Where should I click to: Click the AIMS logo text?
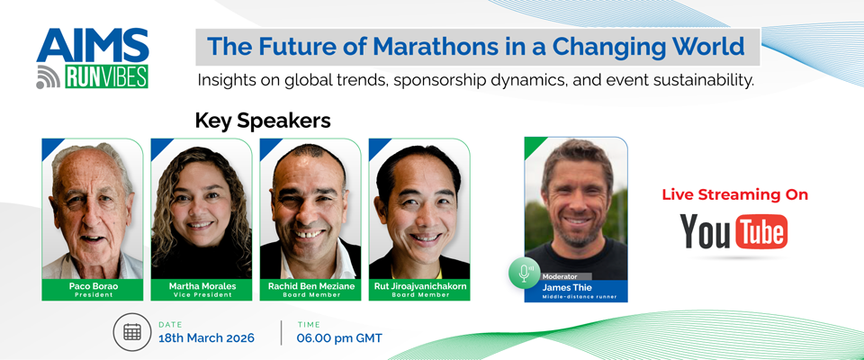pos(93,46)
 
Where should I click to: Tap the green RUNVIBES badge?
pos(104,77)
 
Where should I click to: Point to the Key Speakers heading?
pos(263,120)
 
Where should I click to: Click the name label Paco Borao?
pos(92,285)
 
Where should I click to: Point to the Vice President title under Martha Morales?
pos(201,294)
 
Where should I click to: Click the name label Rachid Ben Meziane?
pos(310,285)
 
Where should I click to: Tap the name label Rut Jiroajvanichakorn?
pos(418,285)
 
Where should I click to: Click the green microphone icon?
pos(524,273)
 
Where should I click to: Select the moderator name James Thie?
pos(575,286)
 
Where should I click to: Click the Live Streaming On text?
pos(734,194)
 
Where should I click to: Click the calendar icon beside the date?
pos(132,332)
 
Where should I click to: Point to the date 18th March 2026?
pos(206,337)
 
